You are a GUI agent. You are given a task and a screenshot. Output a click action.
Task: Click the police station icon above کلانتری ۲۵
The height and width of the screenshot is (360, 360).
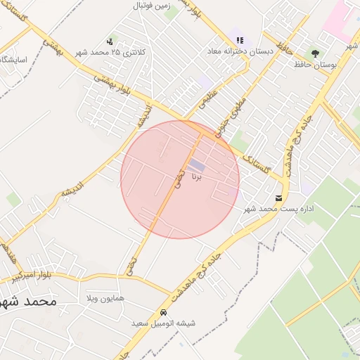coord(109,41)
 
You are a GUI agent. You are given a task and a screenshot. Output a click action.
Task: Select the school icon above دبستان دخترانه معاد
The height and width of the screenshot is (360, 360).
coord(240,41)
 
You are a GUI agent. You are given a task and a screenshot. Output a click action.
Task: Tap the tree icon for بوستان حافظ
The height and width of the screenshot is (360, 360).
coord(314,53)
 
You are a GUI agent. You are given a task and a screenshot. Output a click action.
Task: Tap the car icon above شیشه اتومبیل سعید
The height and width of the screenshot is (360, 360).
coord(163,311)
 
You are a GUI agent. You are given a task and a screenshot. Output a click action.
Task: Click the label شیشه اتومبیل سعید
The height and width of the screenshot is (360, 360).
coord(163,323)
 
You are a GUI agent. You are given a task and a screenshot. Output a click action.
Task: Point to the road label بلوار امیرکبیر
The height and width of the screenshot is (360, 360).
coord(34,276)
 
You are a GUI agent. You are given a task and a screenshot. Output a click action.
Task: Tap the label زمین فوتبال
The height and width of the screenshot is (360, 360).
coord(152,6)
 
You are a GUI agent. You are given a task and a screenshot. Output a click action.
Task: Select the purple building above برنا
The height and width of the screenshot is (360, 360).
coord(197,165)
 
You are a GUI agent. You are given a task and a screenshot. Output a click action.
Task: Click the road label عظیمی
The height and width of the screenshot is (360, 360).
coord(209,103)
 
